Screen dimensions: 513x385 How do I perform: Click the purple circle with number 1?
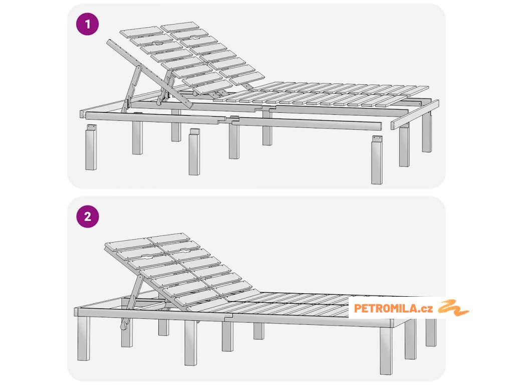(x=87, y=24)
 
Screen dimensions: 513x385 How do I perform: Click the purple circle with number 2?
(x=87, y=217)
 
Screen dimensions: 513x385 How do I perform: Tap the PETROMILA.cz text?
(x=393, y=308)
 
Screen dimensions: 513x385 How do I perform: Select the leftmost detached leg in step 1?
(x=91, y=147)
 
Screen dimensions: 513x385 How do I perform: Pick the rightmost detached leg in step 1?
(x=377, y=160)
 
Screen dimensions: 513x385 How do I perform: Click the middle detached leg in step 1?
(x=194, y=151)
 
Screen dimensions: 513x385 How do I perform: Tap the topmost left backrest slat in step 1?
(x=141, y=32)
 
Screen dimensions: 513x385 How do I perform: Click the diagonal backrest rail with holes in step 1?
(x=149, y=74)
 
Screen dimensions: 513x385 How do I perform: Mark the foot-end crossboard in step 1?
(x=415, y=115)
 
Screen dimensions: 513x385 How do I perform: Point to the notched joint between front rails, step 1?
(x=228, y=120)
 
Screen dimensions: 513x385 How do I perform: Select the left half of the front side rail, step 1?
(x=155, y=117)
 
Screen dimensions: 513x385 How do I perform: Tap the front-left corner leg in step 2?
(x=84, y=338)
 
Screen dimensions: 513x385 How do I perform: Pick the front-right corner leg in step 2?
(x=386, y=350)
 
